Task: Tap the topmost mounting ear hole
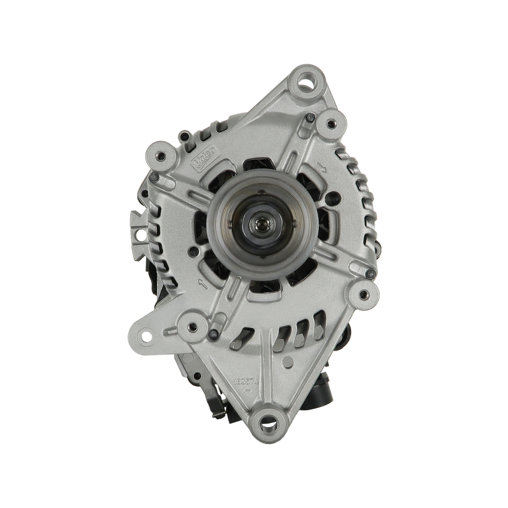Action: (x=308, y=81)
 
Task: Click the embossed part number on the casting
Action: (x=244, y=382)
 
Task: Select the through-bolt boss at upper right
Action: (x=330, y=119)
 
